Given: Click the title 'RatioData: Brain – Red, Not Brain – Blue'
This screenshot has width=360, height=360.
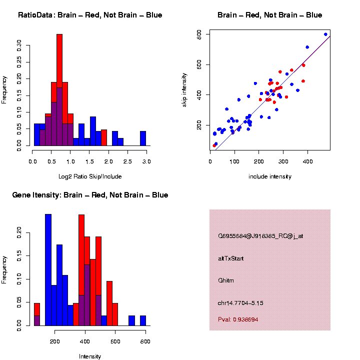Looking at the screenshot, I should coord(90,15).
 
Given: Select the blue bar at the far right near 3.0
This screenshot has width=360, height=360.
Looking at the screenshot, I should coord(143,138).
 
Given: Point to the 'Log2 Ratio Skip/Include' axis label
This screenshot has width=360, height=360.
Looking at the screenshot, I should coord(90,176).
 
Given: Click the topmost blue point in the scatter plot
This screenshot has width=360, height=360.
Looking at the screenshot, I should coord(325,34).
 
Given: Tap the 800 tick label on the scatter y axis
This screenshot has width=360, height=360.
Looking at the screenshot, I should coord(198,34).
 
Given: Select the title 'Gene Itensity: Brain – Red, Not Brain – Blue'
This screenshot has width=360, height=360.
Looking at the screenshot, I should coord(90,195).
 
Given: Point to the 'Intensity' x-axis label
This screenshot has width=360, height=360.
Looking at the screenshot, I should coord(90,356).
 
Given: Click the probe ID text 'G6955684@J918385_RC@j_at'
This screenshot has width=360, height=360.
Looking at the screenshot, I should coord(260,236).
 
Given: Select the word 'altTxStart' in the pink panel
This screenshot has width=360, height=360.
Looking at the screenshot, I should coord(231,258).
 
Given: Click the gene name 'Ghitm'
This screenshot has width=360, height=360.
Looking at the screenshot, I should coord(226,280).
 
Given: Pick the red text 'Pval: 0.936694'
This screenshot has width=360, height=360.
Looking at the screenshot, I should coord(238,319).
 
